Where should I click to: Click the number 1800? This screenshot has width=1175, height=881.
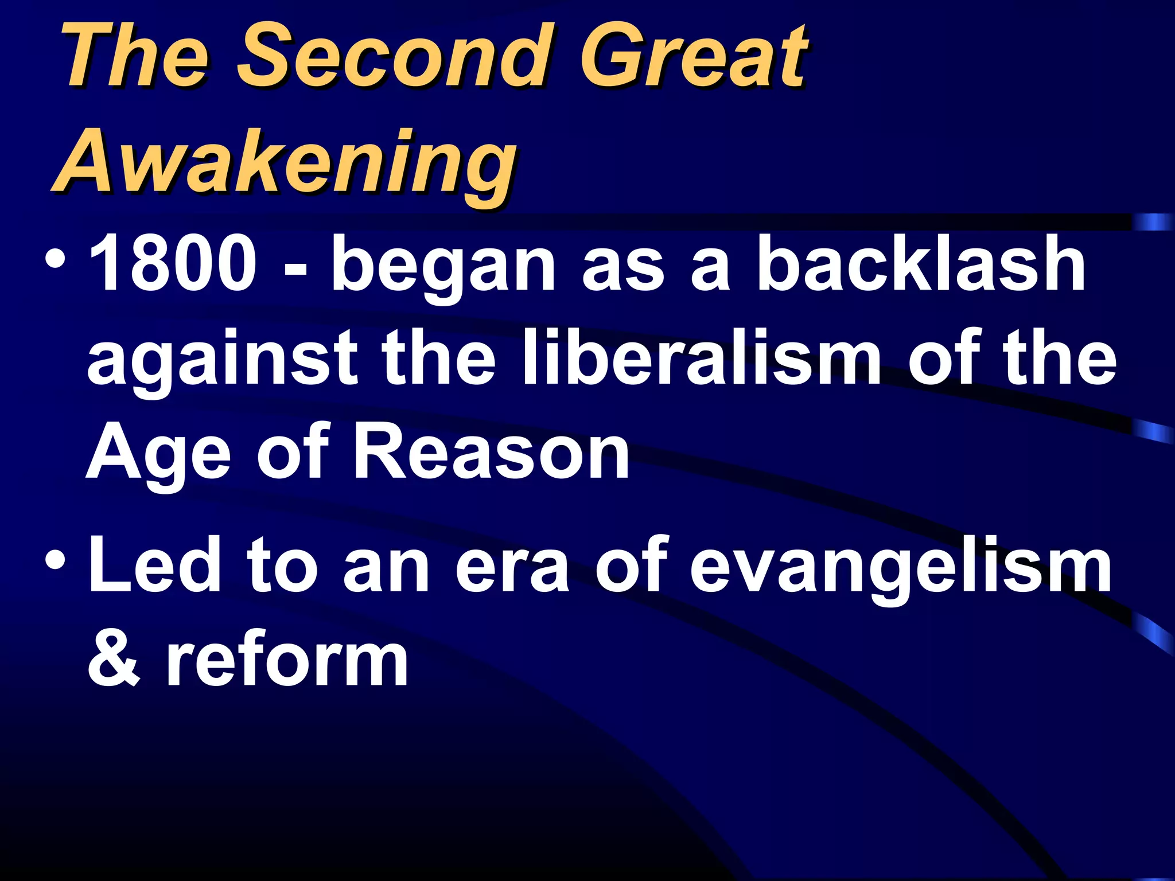click(172, 263)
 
